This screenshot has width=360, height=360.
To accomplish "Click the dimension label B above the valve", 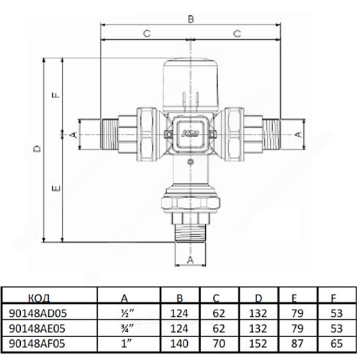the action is click(191, 19).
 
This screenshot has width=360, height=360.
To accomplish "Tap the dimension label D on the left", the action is click(37, 149).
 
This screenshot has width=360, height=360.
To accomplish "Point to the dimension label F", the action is click(56, 95).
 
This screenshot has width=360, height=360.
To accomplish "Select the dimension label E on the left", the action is click(56, 188).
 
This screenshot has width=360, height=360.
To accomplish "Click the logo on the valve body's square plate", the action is click(191, 133).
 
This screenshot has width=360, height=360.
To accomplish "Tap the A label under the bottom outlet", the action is click(190, 259).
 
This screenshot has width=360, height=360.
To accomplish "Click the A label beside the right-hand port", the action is click(297, 135).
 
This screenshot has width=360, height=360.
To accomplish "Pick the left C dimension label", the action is click(147, 33).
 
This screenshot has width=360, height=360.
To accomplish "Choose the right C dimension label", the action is click(237, 33).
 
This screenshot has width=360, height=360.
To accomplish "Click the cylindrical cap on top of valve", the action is click(191, 84).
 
